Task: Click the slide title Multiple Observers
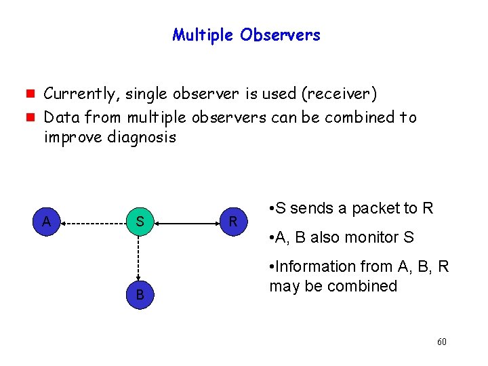click(x=246, y=35)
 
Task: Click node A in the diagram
click(x=45, y=221)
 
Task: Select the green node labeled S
click(x=139, y=222)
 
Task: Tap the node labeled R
click(x=232, y=222)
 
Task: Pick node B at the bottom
click(x=139, y=294)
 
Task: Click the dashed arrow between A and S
click(x=92, y=222)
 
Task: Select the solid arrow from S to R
click(x=186, y=222)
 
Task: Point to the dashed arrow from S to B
click(x=139, y=258)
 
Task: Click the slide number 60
click(x=441, y=342)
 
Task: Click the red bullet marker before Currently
click(x=32, y=94)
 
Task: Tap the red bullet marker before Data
click(x=32, y=117)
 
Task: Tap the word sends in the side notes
click(x=311, y=208)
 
